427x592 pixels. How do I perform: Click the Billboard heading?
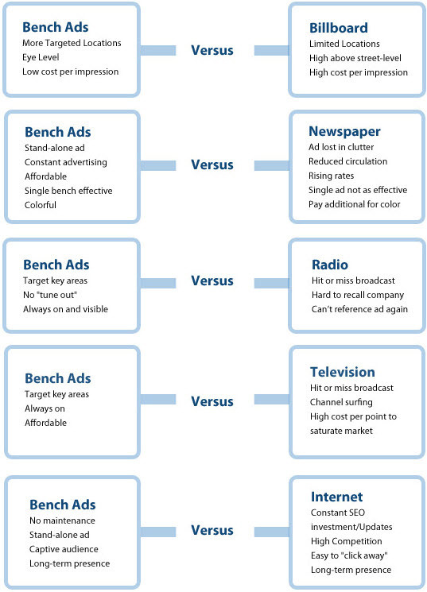(x=338, y=28)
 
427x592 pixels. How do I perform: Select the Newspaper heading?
(x=344, y=131)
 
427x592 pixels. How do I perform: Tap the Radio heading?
(x=329, y=265)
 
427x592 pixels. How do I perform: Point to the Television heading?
(x=343, y=372)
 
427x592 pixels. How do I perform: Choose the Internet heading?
(x=336, y=497)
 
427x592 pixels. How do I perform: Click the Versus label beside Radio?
(x=212, y=281)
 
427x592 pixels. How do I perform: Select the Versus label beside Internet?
(x=212, y=530)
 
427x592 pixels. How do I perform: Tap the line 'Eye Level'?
(x=41, y=57)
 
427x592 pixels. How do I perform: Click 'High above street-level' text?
(x=355, y=58)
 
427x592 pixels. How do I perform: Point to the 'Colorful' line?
(x=41, y=205)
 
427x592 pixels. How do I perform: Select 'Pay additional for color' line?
(x=355, y=204)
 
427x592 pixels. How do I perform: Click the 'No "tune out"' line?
(x=50, y=295)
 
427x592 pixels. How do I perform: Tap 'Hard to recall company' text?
(x=358, y=295)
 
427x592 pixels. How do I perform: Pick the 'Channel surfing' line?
(x=341, y=402)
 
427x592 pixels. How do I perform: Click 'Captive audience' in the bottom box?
(x=64, y=549)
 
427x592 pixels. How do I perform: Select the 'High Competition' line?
(x=346, y=541)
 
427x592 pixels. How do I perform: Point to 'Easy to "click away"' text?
(x=350, y=555)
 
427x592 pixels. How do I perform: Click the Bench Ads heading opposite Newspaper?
(x=58, y=132)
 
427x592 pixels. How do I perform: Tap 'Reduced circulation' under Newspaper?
(x=348, y=161)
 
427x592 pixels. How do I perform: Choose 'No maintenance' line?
(x=62, y=520)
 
